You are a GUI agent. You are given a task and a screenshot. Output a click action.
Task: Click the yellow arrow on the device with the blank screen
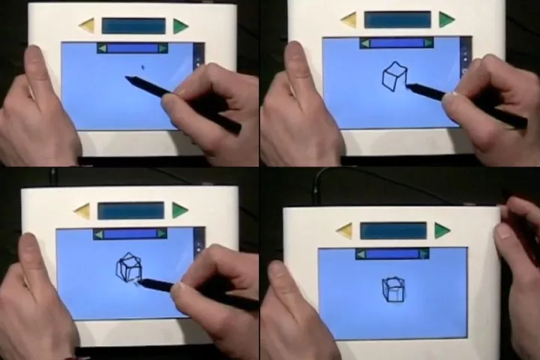coord(87,26)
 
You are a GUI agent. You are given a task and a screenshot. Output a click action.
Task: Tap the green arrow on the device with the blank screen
coord(181,26)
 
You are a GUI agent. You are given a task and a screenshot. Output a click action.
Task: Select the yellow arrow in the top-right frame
coord(348,20)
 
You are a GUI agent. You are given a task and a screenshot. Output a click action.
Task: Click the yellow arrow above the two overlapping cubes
coord(82,211)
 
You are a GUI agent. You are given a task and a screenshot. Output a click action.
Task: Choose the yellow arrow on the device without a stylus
coord(344,231)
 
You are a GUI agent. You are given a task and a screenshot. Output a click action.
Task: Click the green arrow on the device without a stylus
coord(442,230)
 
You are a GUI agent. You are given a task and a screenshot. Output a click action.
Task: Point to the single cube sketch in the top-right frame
coord(394,76)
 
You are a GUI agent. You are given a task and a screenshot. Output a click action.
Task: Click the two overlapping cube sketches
coord(128,268)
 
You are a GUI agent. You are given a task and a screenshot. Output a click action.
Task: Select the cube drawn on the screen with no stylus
coord(392,289)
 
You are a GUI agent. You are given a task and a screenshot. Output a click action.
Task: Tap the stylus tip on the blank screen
coord(129,78)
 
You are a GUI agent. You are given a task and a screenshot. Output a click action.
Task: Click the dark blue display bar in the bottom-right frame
coord(393,231)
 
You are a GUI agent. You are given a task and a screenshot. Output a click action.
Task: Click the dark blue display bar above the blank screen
coord(133,26)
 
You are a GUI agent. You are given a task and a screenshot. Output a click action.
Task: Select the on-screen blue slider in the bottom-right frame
coord(392,254)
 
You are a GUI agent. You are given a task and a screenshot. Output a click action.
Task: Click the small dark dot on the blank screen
coord(142,67)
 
